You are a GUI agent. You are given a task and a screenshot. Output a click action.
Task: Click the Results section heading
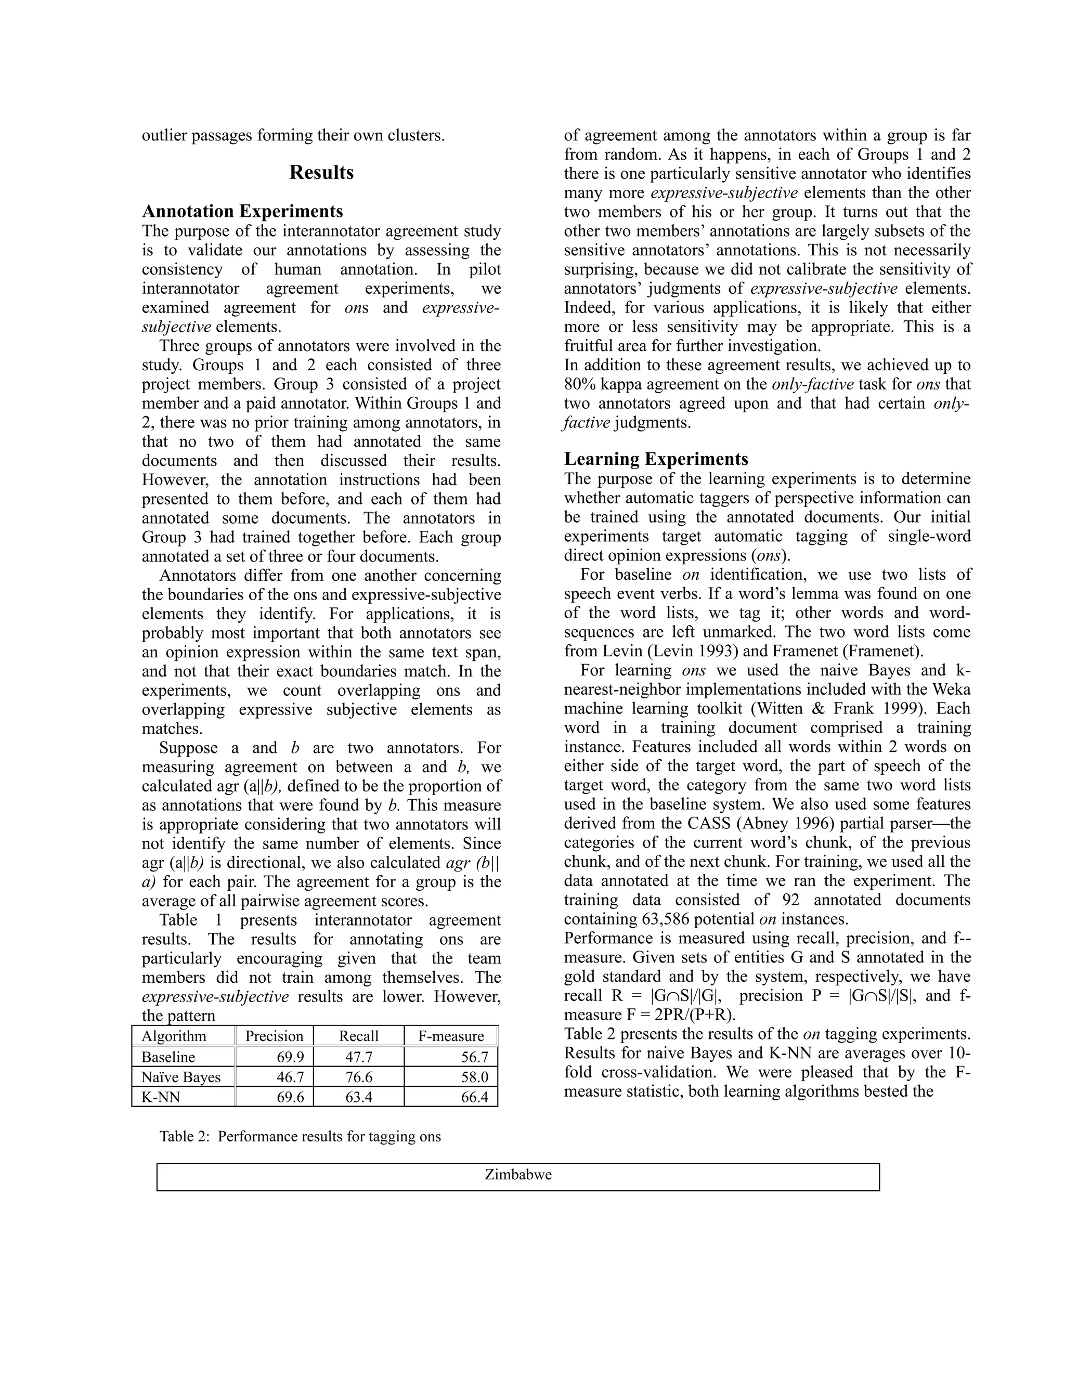[x=321, y=173]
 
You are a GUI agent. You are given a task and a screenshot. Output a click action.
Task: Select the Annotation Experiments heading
[x=242, y=211]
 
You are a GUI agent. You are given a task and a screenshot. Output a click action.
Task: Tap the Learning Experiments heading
[x=656, y=459]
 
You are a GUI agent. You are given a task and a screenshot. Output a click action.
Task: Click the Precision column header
[x=274, y=1036]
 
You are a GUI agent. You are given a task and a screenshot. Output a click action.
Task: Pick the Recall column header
[x=358, y=1036]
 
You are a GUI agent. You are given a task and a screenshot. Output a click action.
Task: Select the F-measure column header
[x=450, y=1036]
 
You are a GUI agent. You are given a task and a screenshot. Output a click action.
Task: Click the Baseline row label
[x=168, y=1057]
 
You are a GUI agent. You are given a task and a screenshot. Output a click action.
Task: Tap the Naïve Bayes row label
[x=180, y=1077]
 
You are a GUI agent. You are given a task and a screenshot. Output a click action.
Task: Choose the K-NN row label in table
[x=160, y=1097]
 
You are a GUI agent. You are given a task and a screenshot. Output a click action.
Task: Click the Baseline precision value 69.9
[x=290, y=1057]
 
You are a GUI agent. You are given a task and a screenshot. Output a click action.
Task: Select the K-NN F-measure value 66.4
[x=474, y=1097]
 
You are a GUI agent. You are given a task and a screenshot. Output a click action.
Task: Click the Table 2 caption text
[x=301, y=1136]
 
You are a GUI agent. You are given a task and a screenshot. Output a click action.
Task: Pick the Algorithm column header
[x=174, y=1036]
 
